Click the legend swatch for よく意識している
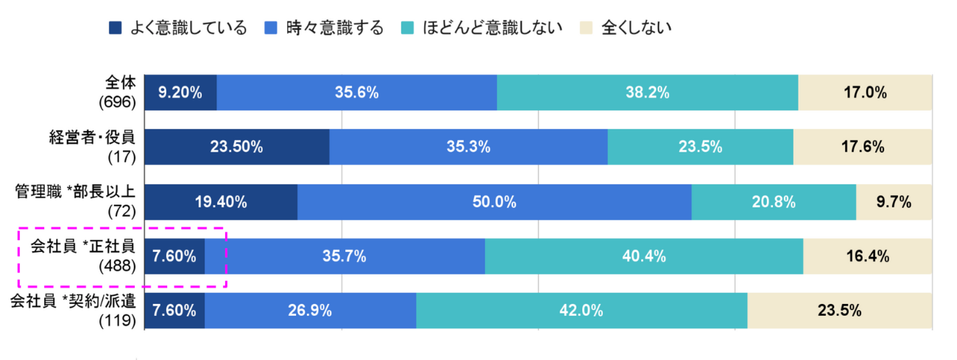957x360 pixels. pos(114,28)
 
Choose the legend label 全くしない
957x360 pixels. pos(637,28)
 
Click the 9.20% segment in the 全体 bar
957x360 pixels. pos(180,93)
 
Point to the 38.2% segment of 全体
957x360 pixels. pos(647,93)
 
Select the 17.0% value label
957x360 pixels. pos(864,93)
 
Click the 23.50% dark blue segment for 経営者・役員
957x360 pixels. pos(236,147)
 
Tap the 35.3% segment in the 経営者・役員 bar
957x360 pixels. pos(468,147)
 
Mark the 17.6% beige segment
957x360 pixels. pos(863,147)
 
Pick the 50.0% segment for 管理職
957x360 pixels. pos(494,202)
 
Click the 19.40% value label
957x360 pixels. pos(221,202)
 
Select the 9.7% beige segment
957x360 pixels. pos(894,202)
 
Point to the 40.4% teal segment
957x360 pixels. pos(643,256)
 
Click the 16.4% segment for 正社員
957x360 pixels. pos(867,256)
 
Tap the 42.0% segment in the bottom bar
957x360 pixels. pos(582,311)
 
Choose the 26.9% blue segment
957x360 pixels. pos(310,311)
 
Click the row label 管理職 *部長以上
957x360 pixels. pos(76,193)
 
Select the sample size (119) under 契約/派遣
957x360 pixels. pos(118,320)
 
